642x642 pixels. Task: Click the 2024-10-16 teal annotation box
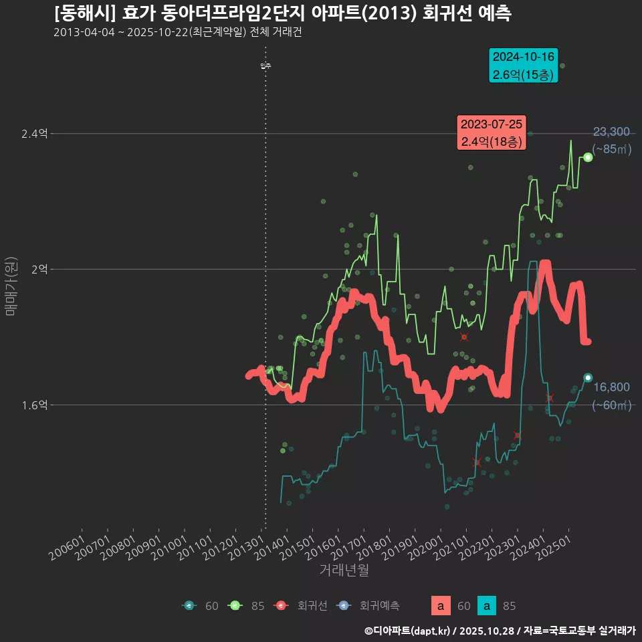(x=524, y=66)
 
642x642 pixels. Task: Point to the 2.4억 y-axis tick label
(x=34, y=134)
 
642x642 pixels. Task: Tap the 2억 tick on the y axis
(x=39, y=269)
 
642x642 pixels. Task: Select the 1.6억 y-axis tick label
(x=34, y=405)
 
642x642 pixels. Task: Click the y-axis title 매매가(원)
(x=11, y=286)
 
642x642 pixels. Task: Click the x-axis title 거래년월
(x=344, y=570)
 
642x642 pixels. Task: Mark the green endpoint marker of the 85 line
(x=587, y=157)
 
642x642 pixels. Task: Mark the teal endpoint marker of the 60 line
(x=587, y=378)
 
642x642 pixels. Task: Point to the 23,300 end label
(x=611, y=132)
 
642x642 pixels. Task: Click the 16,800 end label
(x=611, y=387)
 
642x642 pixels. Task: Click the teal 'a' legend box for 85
(x=487, y=606)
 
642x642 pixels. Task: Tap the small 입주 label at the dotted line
(x=265, y=66)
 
